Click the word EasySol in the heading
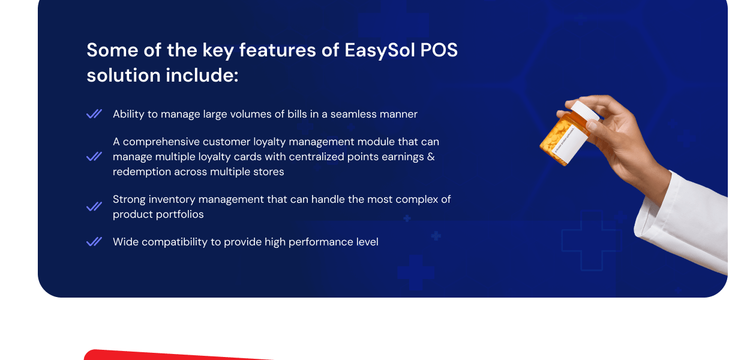coord(380,50)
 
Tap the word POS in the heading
coord(439,50)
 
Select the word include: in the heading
coord(202,75)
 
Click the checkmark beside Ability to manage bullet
coord(94,114)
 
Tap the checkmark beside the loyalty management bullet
coord(94,157)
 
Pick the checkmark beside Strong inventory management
coord(94,206)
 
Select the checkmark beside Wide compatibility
coord(94,242)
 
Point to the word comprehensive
coord(161,142)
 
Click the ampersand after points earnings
coord(431,157)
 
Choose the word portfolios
coord(182,214)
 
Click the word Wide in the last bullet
coord(125,242)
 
